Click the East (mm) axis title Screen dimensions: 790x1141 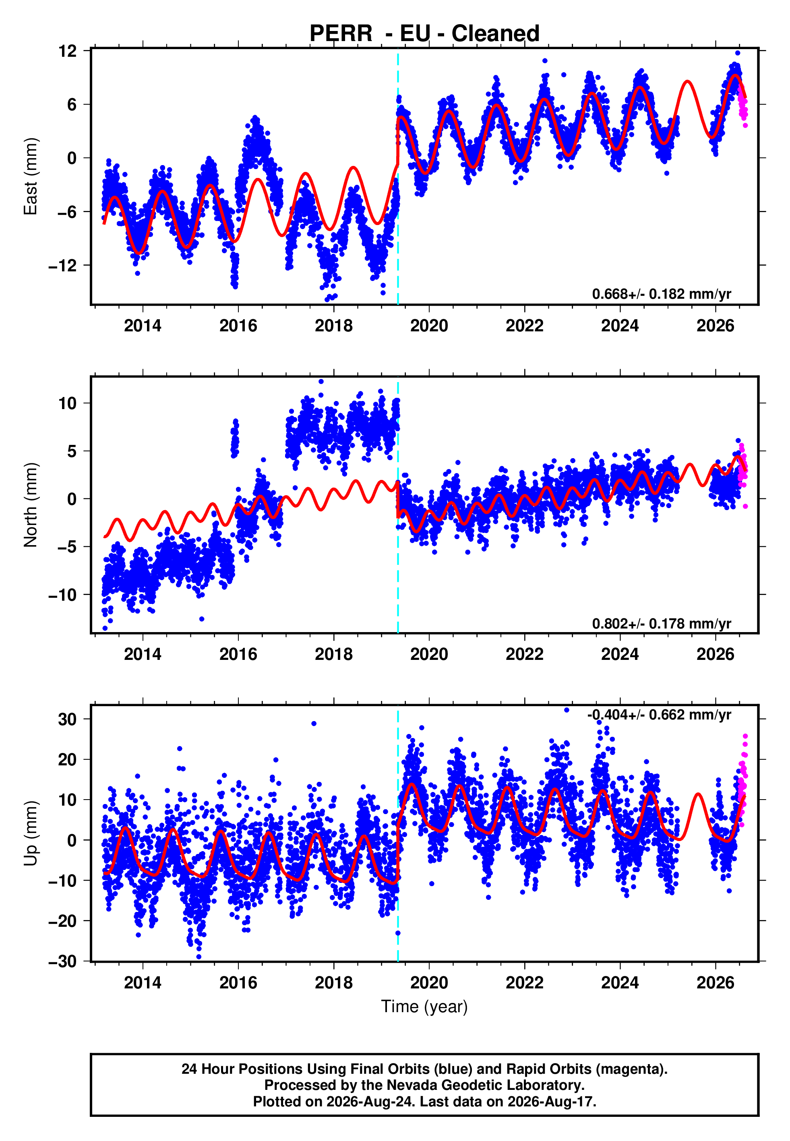[30, 177]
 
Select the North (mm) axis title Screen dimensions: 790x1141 [30, 505]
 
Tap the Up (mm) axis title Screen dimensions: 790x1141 [30, 833]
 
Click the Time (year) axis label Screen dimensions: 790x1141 [424, 1007]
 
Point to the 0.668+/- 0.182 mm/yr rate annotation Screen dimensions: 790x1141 [661, 294]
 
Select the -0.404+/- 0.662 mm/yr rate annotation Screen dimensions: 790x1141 [659, 715]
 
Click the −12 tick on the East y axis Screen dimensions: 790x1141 [62, 266]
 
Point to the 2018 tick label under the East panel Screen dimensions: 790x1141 [334, 326]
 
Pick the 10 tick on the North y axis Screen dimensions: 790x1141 [67, 403]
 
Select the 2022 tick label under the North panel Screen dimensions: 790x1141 [524, 654]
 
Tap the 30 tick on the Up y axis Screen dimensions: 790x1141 [67, 719]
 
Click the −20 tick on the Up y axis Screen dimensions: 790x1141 [62, 921]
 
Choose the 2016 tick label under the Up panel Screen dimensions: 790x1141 [238, 983]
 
